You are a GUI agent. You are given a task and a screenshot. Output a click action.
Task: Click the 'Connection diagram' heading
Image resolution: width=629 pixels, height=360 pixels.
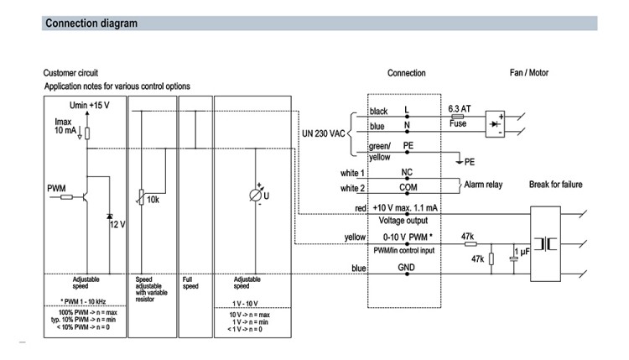click(x=91, y=23)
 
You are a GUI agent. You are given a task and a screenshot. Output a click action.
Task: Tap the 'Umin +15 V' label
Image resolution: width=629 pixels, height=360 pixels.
click(x=90, y=105)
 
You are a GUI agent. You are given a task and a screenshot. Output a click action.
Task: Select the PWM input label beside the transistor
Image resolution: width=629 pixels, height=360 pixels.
click(x=56, y=188)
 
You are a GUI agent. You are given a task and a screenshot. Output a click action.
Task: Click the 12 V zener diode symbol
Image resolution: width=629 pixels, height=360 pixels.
click(x=110, y=217)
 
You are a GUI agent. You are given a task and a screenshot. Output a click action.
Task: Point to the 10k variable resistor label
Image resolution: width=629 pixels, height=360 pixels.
click(x=153, y=200)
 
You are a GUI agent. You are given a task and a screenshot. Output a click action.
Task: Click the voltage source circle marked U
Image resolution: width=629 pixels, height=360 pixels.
click(x=256, y=196)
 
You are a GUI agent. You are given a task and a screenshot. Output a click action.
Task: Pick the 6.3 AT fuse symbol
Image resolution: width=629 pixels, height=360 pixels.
click(x=457, y=117)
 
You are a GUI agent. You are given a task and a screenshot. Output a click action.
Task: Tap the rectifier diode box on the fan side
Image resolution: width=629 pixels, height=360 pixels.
click(x=495, y=124)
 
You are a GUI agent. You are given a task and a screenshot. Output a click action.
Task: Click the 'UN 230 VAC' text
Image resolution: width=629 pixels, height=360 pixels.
click(x=324, y=133)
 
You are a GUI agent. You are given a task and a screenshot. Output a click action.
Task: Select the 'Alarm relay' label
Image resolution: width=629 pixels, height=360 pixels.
click(x=483, y=185)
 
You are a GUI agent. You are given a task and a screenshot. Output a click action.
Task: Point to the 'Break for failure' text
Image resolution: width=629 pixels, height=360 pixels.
click(x=555, y=185)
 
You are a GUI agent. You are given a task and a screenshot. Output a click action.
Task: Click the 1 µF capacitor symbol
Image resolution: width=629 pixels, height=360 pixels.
click(x=513, y=259)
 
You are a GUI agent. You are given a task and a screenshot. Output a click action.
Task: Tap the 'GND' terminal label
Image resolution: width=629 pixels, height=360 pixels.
click(x=407, y=268)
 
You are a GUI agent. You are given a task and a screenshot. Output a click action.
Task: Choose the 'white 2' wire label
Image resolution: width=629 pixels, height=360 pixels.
click(x=352, y=188)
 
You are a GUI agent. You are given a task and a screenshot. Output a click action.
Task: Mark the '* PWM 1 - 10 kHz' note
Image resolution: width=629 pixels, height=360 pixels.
click(x=83, y=301)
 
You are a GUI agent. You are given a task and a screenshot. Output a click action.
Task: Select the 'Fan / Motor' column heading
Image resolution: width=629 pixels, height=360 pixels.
click(x=528, y=73)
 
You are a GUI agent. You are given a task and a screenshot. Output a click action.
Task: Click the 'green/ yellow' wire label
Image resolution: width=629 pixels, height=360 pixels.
click(x=379, y=151)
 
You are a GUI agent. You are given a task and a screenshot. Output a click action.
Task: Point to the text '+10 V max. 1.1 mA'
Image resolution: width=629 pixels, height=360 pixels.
click(x=405, y=208)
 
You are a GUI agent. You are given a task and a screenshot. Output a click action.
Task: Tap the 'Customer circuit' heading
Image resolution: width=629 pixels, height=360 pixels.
click(x=70, y=73)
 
